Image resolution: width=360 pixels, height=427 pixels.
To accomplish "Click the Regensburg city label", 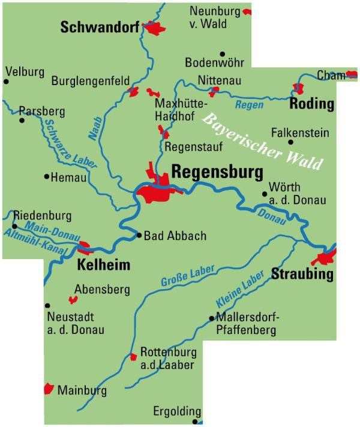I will tap(217, 173).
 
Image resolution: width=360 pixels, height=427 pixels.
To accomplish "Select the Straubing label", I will tap(302, 275).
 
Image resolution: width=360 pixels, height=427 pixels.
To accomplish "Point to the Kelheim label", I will tap(104, 265).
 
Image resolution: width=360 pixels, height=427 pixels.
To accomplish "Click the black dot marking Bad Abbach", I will tap(139, 236).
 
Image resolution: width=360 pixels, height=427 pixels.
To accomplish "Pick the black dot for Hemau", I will tap(47, 177).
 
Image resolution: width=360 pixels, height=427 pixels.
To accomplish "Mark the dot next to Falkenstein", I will tap(291, 142).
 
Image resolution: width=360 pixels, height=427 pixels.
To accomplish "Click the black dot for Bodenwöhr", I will tap(222, 54).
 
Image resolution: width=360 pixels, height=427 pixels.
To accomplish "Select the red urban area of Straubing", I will tap(328, 258).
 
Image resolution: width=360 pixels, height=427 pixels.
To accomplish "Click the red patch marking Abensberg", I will tap(73, 299).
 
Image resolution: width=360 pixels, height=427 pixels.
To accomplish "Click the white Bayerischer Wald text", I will tap(262, 141).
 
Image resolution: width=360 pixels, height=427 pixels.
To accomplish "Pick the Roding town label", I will tap(311, 104).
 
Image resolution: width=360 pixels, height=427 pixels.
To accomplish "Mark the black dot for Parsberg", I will tap(22, 120).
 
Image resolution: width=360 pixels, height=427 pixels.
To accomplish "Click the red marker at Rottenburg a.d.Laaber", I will tap(133, 357).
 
